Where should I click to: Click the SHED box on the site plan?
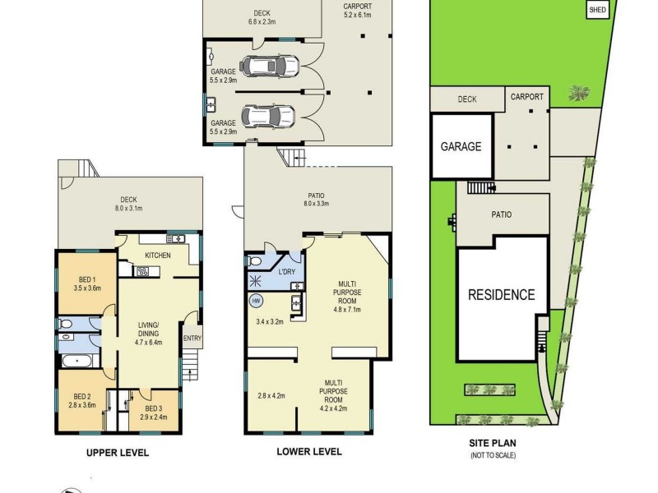click(x=597, y=9)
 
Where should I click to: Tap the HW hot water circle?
click(x=256, y=301)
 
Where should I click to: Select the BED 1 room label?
click(x=87, y=279)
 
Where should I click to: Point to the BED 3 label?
click(x=154, y=408)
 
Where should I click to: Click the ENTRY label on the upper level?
click(x=192, y=339)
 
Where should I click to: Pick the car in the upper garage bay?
click(x=269, y=66)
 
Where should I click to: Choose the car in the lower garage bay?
click(x=269, y=116)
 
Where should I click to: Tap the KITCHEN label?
click(x=158, y=256)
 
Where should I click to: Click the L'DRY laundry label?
click(x=287, y=272)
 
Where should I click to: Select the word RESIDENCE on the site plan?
click(x=502, y=295)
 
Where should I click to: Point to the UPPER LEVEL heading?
click(x=118, y=453)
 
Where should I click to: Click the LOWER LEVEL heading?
click(x=309, y=451)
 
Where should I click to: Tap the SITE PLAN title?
click(x=493, y=443)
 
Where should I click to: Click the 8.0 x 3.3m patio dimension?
click(x=316, y=204)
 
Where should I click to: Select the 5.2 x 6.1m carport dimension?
click(x=357, y=15)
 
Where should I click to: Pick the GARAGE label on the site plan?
click(x=461, y=146)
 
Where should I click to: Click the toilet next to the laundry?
click(x=255, y=261)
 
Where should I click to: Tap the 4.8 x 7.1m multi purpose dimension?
click(x=347, y=310)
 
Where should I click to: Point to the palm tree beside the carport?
click(x=579, y=93)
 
